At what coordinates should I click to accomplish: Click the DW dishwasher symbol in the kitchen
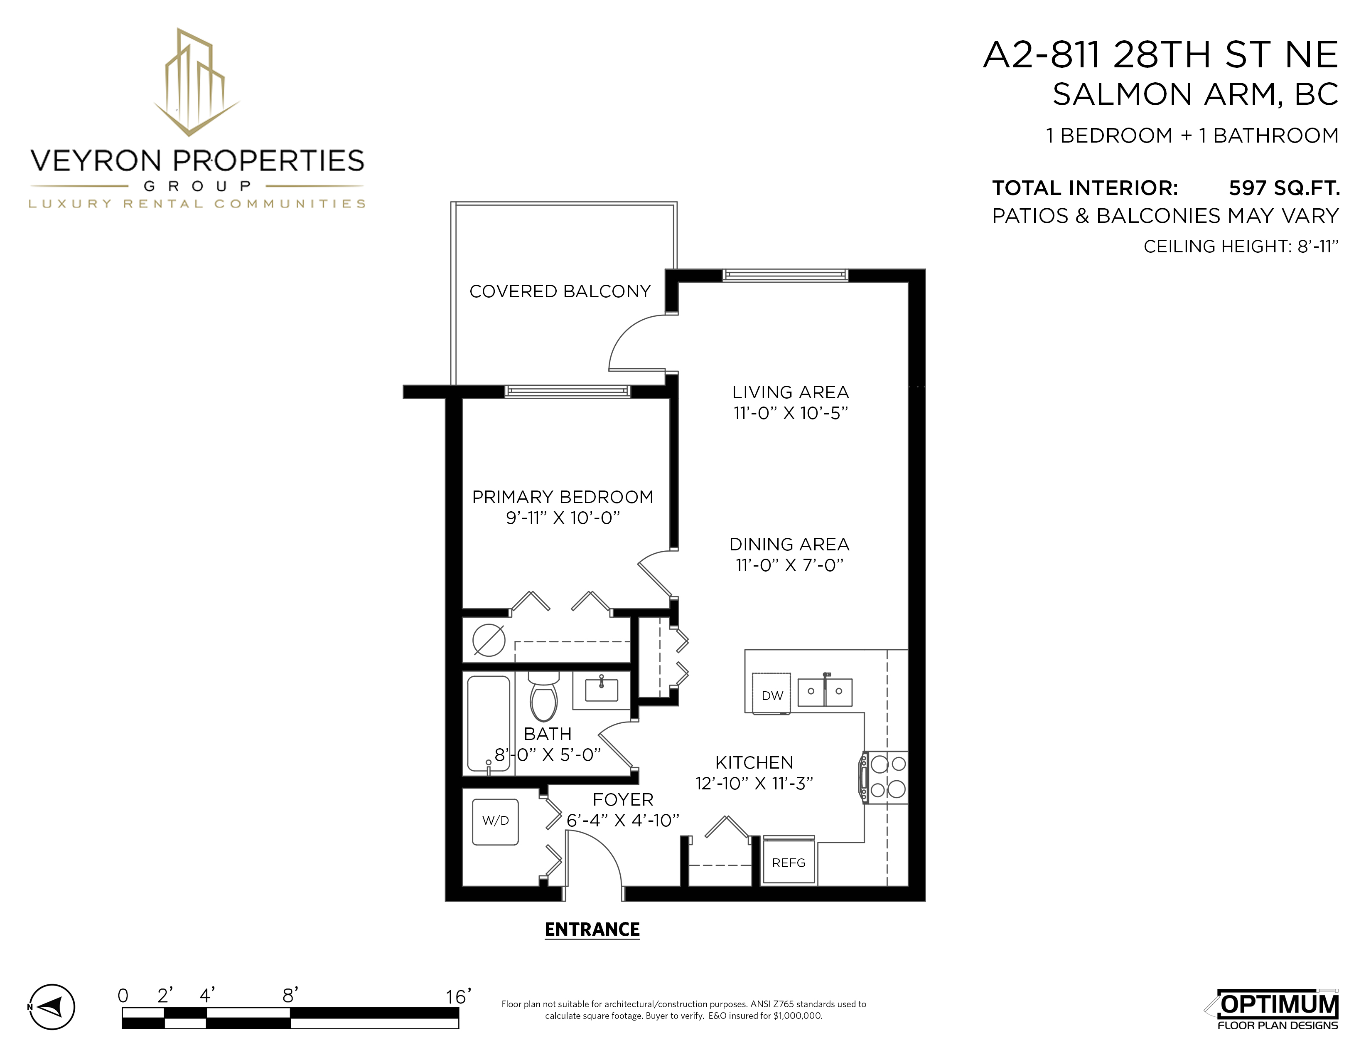771,694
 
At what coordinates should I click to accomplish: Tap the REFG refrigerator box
789,862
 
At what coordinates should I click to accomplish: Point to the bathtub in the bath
489,723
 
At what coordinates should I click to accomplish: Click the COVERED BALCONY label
560,291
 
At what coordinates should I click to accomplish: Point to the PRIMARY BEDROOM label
563,497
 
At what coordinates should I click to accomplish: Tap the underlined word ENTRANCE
592,929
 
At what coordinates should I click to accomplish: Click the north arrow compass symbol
52,1007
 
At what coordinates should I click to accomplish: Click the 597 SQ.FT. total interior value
1284,188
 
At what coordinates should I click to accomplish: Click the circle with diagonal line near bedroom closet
489,641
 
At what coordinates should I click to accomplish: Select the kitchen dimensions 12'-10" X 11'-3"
754,783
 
